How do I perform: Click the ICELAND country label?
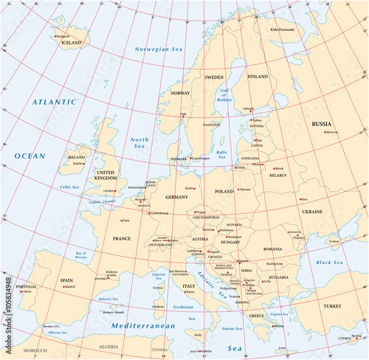[72, 43]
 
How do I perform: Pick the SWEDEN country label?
[214, 77]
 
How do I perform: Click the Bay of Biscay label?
[86, 256]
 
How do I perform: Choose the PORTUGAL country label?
[26, 286]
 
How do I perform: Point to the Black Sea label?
[329, 263]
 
